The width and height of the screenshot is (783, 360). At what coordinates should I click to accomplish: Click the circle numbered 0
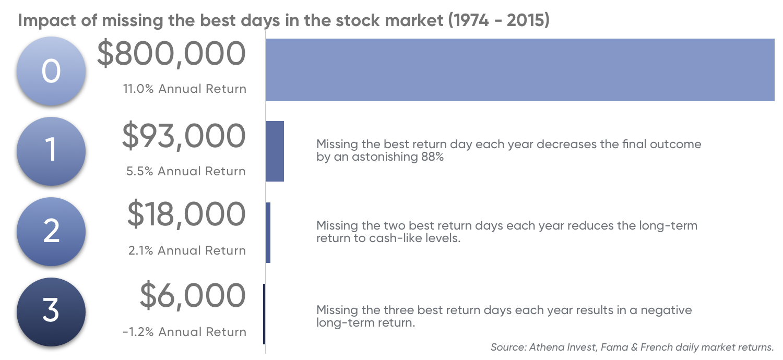click(51, 71)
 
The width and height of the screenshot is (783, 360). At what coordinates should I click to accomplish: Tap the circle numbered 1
click(51, 151)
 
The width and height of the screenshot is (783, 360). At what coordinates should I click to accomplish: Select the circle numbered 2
click(51, 231)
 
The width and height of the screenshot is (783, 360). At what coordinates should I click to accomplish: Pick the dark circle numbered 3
click(51, 312)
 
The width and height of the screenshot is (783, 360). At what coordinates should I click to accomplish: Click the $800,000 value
click(171, 54)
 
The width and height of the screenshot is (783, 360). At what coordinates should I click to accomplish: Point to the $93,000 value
click(184, 136)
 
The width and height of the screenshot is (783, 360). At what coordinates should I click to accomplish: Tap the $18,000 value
click(186, 214)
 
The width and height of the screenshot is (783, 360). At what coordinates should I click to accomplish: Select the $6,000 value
click(193, 296)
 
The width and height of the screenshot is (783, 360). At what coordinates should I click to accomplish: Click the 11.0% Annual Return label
click(185, 89)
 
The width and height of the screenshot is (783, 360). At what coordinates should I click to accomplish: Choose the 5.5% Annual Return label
click(186, 171)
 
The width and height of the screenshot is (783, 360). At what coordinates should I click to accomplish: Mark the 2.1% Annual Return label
click(187, 250)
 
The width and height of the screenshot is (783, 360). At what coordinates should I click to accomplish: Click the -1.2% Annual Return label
click(185, 332)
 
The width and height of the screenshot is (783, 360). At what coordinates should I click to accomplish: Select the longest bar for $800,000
click(520, 70)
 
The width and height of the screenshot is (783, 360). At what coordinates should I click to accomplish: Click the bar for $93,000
click(275, 151)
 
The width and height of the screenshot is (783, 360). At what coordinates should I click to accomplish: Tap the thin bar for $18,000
click(268, 233)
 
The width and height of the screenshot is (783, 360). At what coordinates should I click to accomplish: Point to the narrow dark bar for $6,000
click(264, 314)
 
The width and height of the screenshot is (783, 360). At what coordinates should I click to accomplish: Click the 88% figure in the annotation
click(432, 157)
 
